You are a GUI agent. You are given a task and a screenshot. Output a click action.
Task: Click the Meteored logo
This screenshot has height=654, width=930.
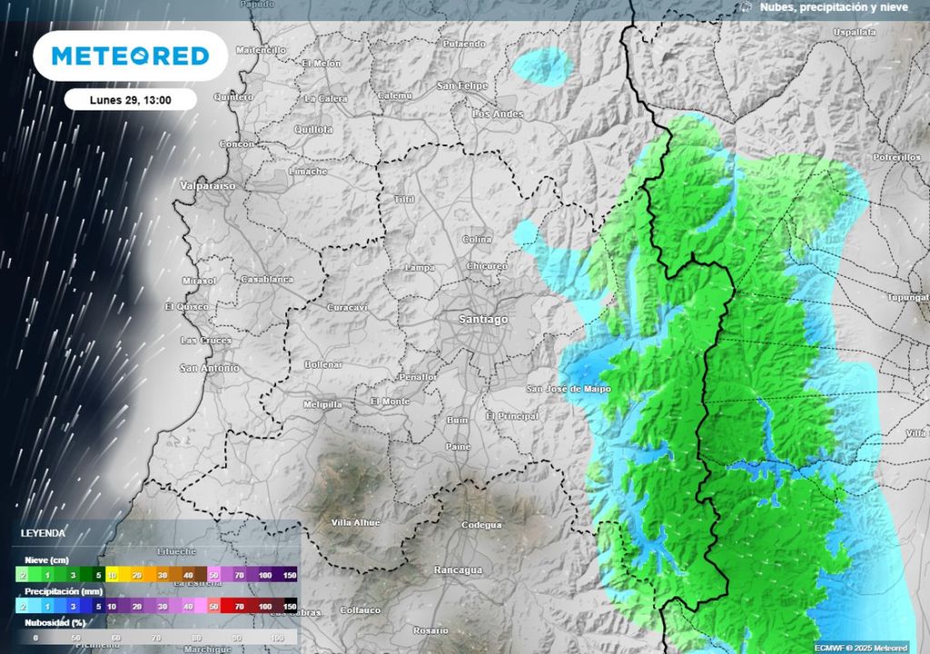tap(130, 55)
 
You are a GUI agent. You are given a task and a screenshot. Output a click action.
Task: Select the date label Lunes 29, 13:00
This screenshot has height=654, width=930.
tap(131, 100)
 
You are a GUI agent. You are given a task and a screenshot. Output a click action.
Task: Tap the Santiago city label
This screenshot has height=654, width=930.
tap(483, 320)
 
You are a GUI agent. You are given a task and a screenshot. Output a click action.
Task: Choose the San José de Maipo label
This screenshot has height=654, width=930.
tap(569, 389)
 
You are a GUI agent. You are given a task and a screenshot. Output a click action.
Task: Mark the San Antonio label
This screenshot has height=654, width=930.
tap(209, 368)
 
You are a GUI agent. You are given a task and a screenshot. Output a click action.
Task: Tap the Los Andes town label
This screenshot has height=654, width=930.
tap(499, 114)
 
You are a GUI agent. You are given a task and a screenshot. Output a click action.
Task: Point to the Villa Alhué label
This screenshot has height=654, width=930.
tap(356, 522)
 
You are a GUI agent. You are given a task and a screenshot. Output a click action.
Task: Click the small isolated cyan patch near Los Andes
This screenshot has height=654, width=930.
tap(541, 64)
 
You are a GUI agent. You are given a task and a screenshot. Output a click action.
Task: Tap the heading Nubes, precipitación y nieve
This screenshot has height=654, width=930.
tap(834, 7)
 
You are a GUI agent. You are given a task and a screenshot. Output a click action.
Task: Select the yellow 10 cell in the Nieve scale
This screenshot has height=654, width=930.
tap(113, 576)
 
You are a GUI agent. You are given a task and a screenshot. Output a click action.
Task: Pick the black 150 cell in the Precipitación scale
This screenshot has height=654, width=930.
tap(290, 605)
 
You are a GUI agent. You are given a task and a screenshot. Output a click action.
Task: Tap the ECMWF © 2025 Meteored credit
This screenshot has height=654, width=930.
tap(860, 647)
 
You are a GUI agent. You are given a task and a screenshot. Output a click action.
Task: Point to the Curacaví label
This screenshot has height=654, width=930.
tap(347, 307)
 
